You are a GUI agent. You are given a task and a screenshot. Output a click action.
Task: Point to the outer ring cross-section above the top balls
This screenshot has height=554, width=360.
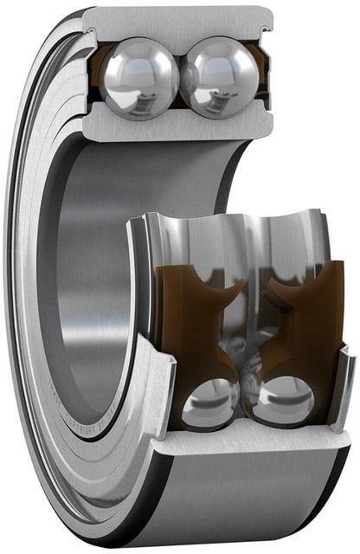177,21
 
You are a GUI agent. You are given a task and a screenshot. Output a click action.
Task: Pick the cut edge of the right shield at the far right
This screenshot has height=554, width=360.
344,381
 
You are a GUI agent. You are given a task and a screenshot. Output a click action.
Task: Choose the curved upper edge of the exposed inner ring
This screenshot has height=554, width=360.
229,216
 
